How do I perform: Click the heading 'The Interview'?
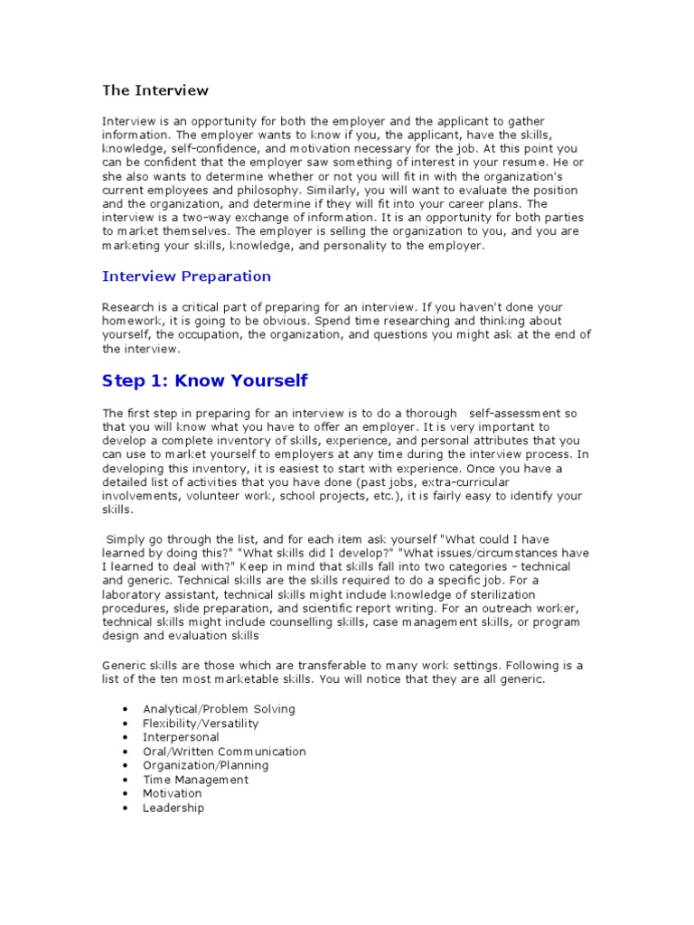click(155, 90)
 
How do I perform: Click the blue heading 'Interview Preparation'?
click(186, 276)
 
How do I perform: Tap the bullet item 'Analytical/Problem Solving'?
click(219, 709)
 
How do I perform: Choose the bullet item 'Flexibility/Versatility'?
click(201, 724)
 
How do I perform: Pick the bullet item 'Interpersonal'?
click(181, 737)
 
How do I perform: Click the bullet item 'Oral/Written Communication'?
click(224, 752)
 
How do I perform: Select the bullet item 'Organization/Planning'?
click(205, 765)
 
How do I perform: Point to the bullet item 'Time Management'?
click(195, 780)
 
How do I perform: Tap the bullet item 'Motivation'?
click(173, 794)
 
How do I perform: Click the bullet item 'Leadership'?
click(173, 808)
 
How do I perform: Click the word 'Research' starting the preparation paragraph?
click(128, 307)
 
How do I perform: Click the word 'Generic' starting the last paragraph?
click(125, 666)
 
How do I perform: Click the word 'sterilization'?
click(496, 595)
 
